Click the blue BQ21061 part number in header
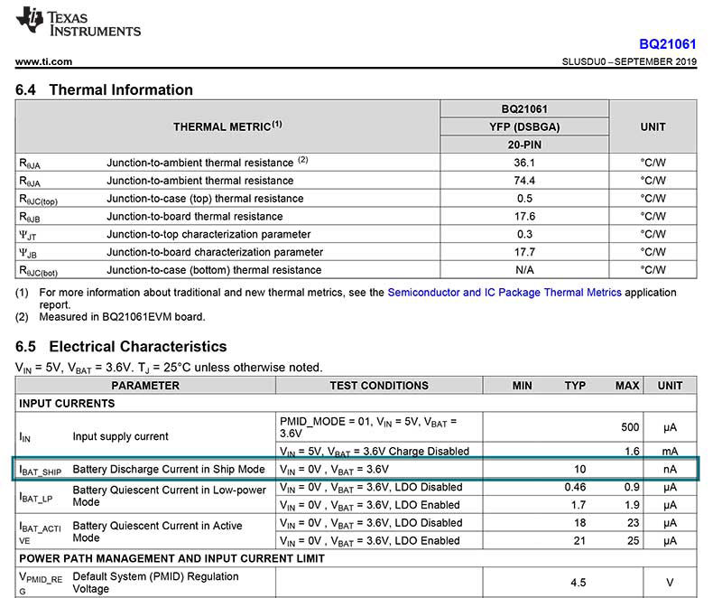pos(668,43)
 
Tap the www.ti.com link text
pos(43,62)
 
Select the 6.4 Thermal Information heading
pos(105,90)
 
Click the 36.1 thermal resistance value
pos(524,163)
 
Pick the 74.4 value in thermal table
pos(524,181)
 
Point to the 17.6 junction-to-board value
pos(524,217)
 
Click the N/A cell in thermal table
pos(524,270)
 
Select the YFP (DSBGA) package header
pos(524,127)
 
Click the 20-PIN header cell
pos(524,145)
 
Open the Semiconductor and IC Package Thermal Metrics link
pos(504,293)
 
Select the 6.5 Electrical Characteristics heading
pos(121,347)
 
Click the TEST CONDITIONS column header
pos(378,386)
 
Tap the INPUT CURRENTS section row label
pos(67,404)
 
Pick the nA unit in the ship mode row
pos(670,469)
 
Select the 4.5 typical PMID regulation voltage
pos(575,583)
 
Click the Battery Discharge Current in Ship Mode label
pos(169,469)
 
